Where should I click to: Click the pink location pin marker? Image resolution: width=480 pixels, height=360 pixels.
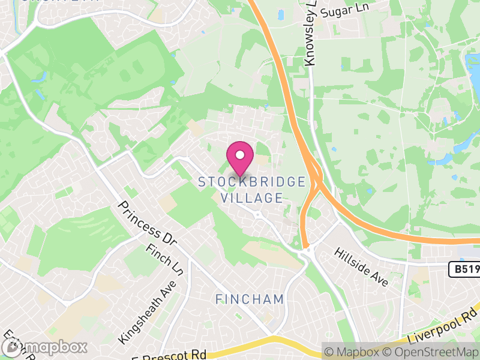240,159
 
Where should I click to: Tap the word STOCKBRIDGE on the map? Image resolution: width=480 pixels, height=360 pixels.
252,182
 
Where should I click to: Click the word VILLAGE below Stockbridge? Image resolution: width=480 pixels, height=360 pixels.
252,197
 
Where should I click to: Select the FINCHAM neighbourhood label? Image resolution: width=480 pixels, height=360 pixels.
250,299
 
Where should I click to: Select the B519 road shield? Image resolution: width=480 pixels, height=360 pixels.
464,270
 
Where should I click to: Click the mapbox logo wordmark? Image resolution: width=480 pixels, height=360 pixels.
44,347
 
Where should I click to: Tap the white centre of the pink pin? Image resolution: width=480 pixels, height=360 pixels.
240,155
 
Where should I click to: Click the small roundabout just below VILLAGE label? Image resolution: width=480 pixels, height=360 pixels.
257,214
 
